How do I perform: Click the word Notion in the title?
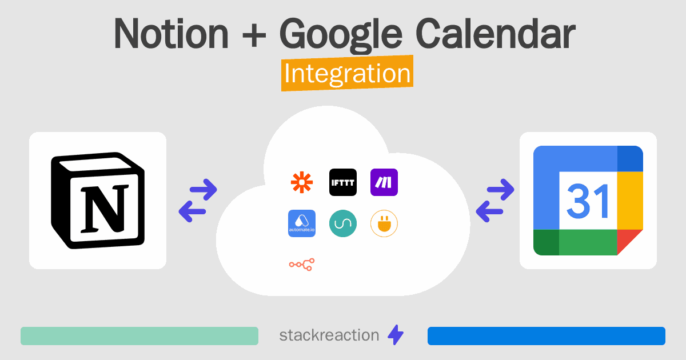171,34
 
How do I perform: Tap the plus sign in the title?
254,36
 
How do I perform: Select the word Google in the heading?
341,36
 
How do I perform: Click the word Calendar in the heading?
496,34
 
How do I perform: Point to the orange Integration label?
348,73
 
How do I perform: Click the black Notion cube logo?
98,201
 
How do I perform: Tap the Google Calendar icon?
588,201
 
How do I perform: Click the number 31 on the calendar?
588,201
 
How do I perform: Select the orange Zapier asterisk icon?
302,182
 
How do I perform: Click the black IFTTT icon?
343,182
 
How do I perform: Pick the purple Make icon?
384,182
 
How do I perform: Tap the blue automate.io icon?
302,223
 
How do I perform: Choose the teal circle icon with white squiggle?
343,223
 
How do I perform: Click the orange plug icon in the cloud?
384,223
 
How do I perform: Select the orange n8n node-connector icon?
302,265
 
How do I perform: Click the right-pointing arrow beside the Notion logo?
204,190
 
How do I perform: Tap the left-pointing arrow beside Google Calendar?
489,211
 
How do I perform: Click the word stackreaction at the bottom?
329,335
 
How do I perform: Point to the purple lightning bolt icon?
396,335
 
